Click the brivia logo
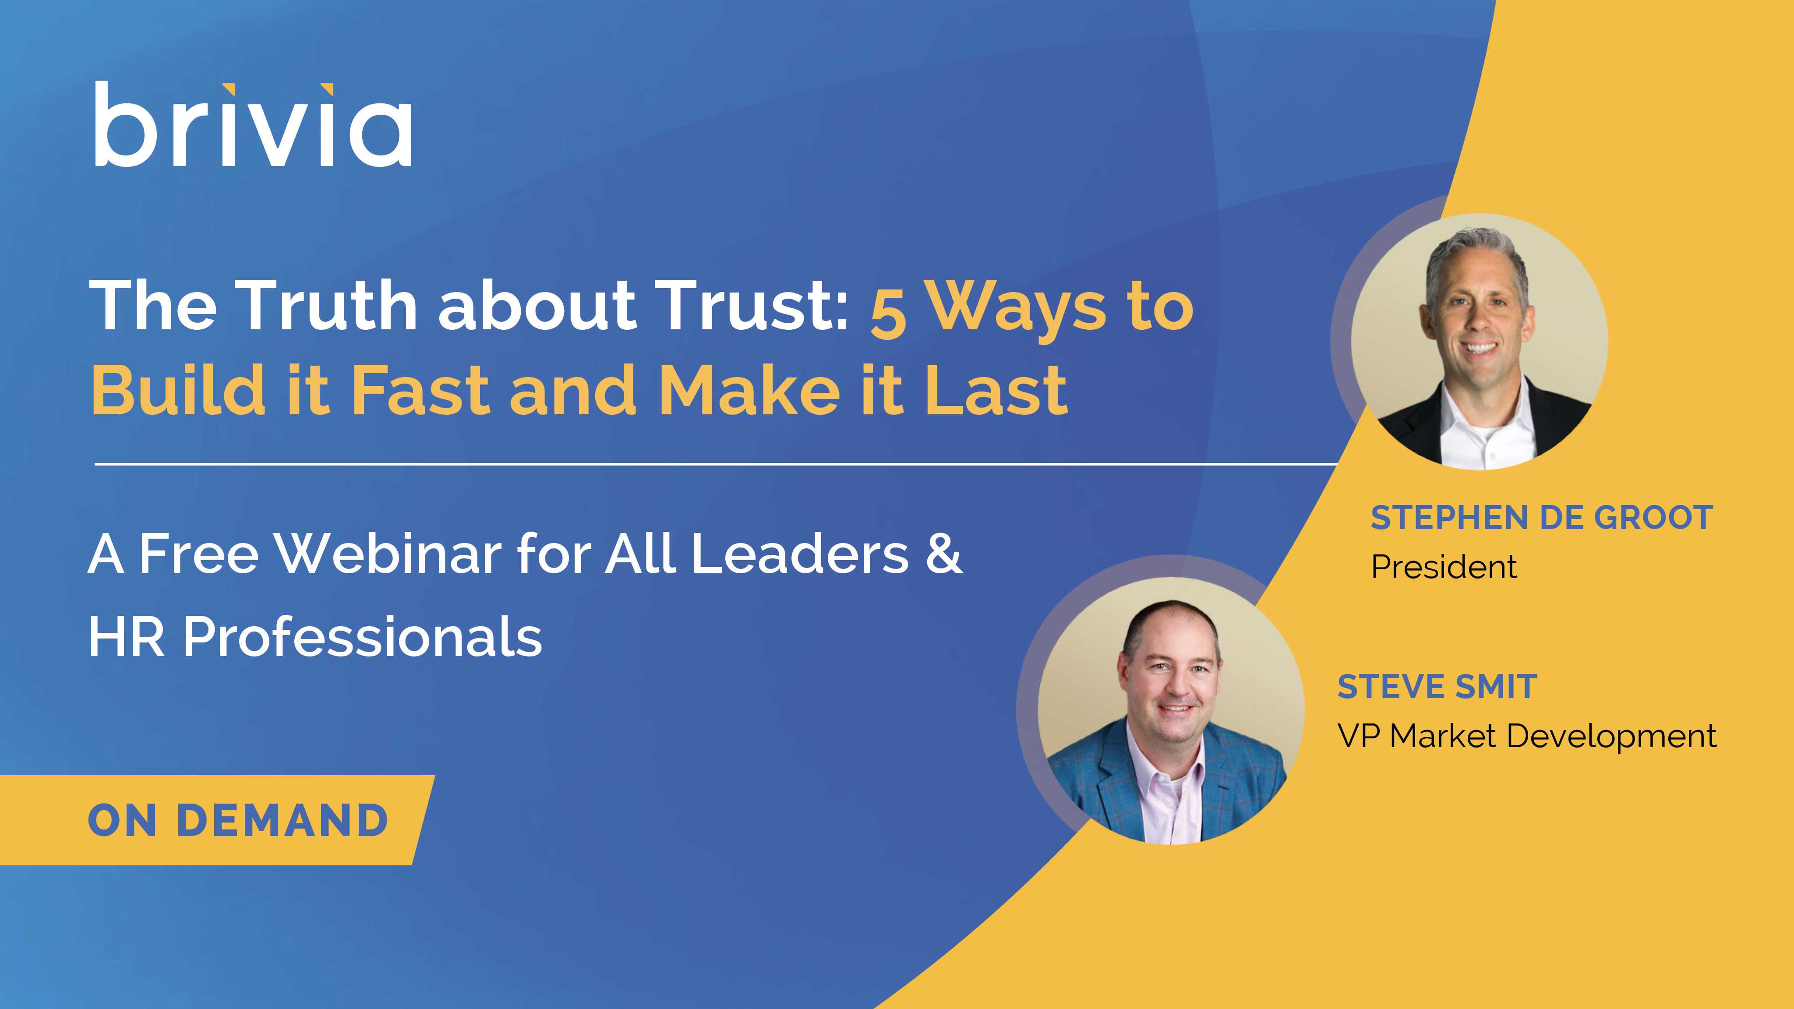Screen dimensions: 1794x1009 point(253,124)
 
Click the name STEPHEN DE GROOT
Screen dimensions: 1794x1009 point(1542,517)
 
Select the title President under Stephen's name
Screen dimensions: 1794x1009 point(1444,567)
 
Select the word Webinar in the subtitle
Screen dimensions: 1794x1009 point(388,554)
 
